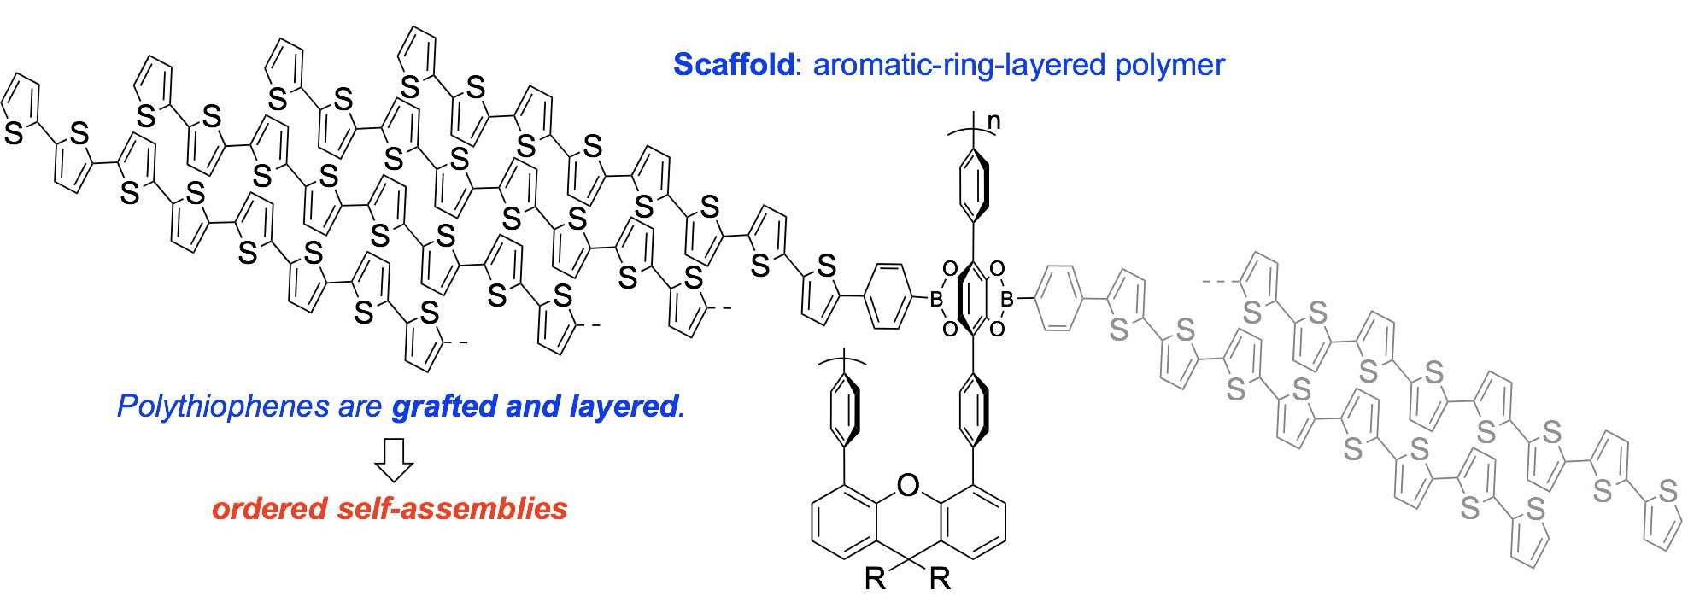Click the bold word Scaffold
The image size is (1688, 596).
coord(733,65)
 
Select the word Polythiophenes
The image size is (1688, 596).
coord(222,406)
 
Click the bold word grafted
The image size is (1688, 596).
coord(444,406)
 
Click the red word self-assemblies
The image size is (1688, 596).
coord(453,509)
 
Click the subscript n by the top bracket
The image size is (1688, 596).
coord(993,122)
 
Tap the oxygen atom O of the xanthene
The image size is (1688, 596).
coord(908,487)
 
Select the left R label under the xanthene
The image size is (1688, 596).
coord(876,579)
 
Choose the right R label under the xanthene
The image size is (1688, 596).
coord(940,579)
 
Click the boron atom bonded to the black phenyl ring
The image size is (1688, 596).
coord(935,300)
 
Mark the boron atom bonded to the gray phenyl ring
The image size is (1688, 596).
coord(1008,300)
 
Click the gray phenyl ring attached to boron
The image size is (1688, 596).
coord(1058,298)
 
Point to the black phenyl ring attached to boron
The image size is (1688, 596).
coord(888,298)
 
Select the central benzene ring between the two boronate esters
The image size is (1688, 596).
coord(972,299)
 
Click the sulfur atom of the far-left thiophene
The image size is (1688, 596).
coord(15,134)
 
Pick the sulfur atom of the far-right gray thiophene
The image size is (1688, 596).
coord(1667,492)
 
